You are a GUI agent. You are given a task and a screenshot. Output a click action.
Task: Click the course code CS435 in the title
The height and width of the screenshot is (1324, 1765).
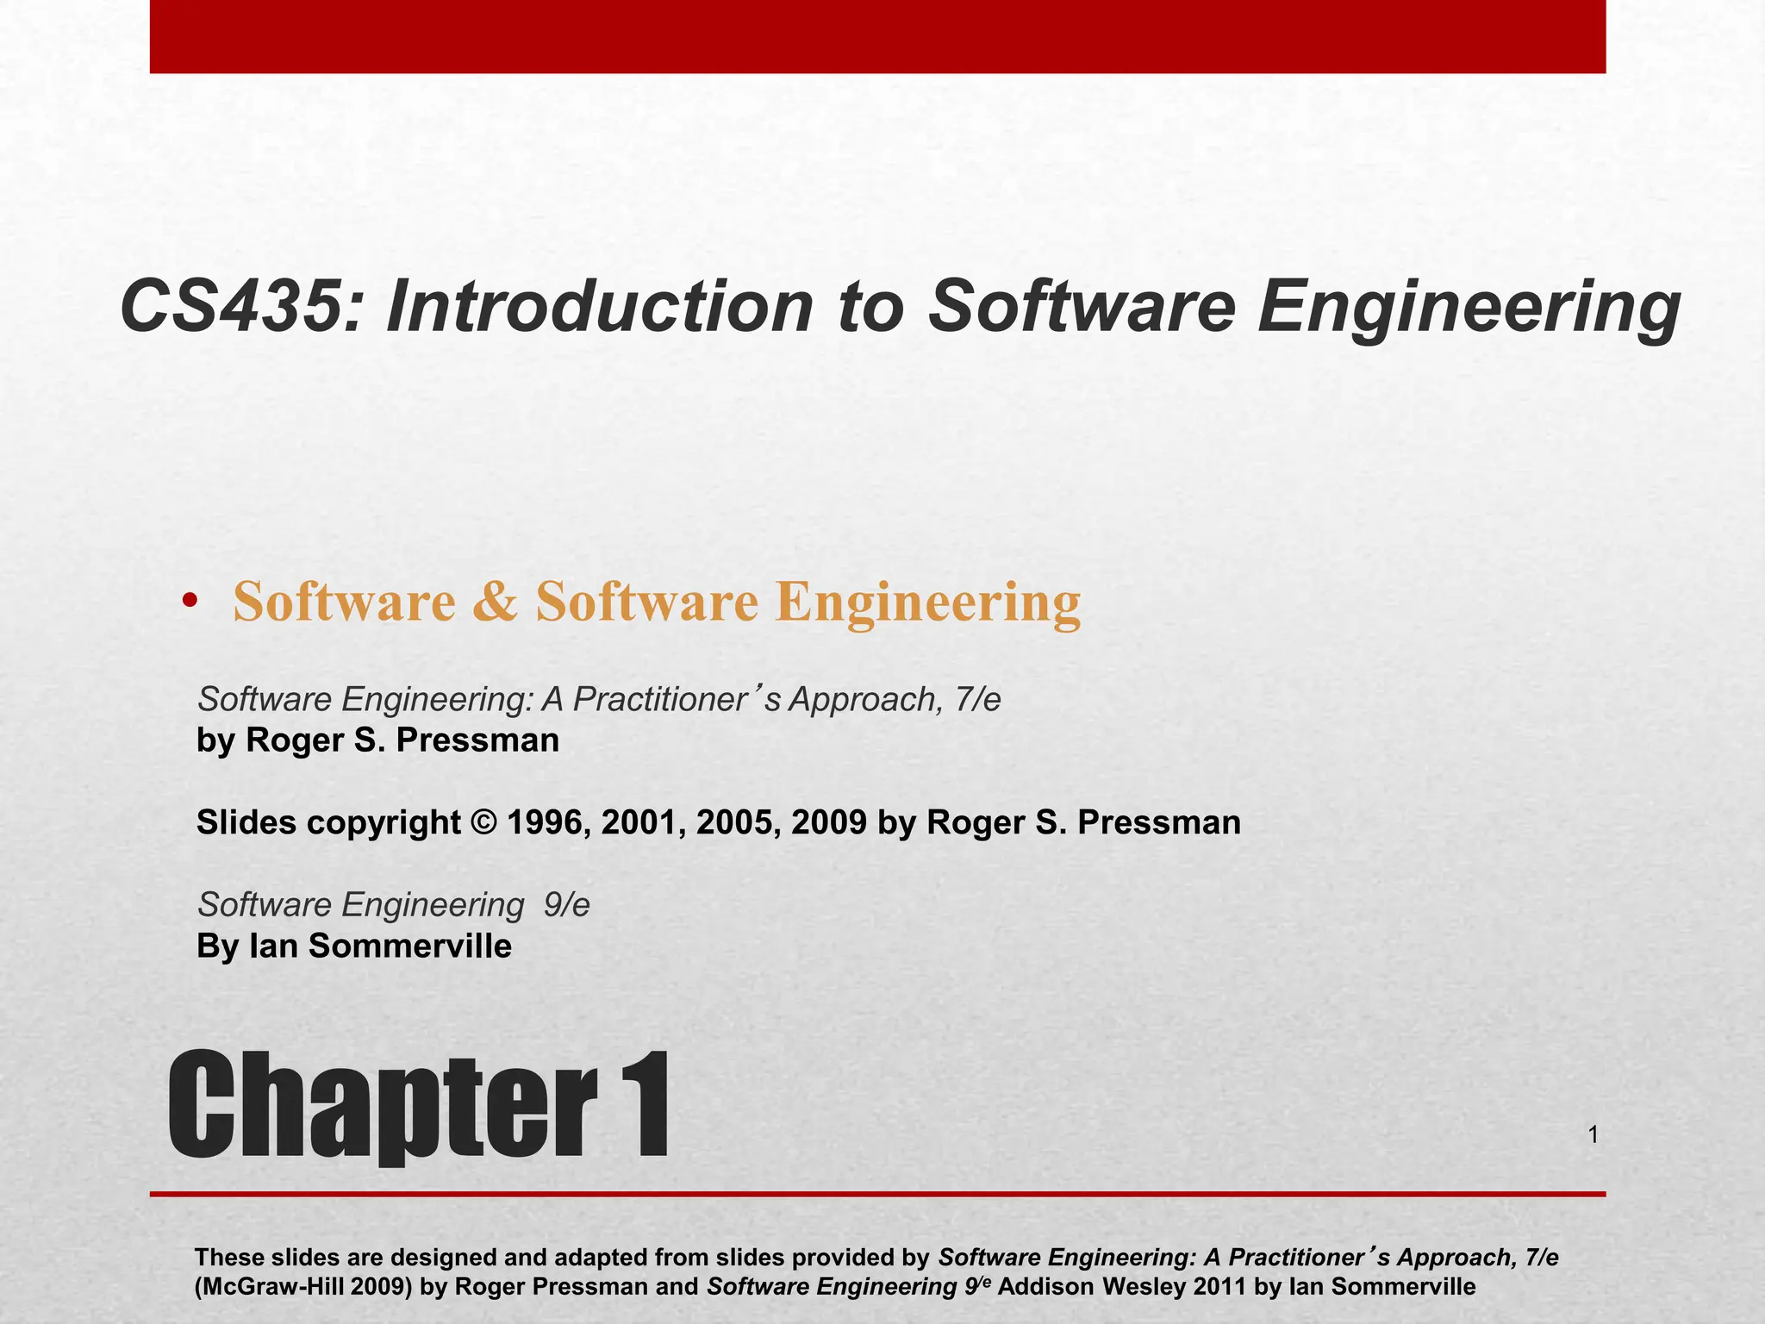(x=229, y=308)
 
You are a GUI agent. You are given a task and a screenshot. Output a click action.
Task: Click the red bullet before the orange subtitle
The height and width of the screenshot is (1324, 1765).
(x=190, y=601)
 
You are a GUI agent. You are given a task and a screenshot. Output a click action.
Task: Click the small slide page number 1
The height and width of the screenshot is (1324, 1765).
(x=1593, y=1136)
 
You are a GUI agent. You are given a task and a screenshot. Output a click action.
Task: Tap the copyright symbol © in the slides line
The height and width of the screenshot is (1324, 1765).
(x=484, y=822)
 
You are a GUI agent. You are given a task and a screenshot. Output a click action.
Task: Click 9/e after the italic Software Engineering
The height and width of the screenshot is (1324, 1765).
(x=567, y=905)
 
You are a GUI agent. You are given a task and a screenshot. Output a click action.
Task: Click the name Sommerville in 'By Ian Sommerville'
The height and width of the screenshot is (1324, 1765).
(x=410, y=946)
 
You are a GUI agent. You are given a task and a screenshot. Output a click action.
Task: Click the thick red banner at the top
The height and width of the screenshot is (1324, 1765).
(x=877, y=36)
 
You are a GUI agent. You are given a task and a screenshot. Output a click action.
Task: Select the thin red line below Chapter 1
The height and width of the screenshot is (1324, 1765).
(x=877, y=1194)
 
